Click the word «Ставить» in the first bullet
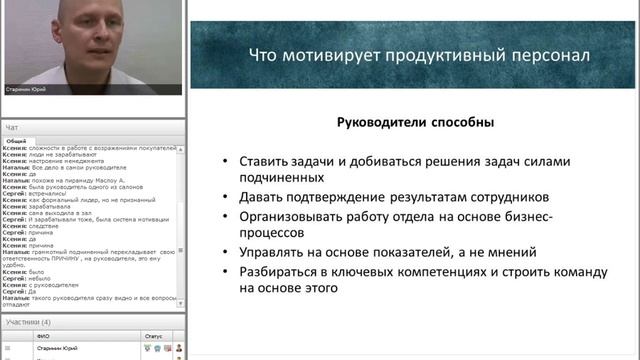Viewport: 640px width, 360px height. (x=263, y=160)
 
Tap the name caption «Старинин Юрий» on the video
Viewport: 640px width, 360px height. (x=27, y=89)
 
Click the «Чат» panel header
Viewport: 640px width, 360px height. (x=12, y=128)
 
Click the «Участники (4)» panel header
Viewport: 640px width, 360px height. (x=28, y=322)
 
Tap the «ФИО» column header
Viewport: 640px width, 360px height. (x=43, y=336)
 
